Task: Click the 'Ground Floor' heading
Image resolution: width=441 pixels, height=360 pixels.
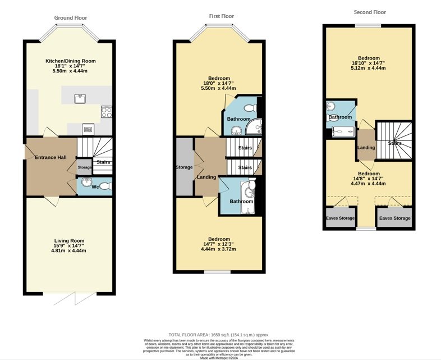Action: coord(71,18)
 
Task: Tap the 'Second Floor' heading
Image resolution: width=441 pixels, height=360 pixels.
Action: coord(370,12)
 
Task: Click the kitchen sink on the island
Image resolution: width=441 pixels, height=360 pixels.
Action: coord(80,99)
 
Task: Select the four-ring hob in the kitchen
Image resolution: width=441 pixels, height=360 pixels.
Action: coord(107,112)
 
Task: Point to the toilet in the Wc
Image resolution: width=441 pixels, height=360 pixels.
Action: coord(105,186)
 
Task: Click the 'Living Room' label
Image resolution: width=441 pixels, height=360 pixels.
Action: coord(69,241)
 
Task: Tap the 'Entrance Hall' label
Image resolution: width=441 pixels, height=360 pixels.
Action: coord(50,157)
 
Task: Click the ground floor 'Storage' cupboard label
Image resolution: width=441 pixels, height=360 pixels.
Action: coord(84,167)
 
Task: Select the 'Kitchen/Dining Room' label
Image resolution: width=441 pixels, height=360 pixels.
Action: coord(71,61)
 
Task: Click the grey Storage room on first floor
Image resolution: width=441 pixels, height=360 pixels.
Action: coord(185,167)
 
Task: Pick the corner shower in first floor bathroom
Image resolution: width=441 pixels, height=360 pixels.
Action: coord(254,126)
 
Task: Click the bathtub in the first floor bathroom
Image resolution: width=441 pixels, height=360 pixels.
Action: coord(247,197)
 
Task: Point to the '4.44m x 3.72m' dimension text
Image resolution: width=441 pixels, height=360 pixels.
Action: coord(218,249)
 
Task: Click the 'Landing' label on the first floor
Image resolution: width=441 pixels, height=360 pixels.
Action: coord(206,177)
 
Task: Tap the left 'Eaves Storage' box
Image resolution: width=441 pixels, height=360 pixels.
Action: coord(341,217)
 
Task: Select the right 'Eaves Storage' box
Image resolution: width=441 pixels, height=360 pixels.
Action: coord(394,217)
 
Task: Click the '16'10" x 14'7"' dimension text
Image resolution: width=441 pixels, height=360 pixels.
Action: coord(369,63)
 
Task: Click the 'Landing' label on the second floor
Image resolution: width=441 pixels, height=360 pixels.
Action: coord(366,148)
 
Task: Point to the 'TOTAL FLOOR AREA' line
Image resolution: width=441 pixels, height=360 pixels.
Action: coord(219,335)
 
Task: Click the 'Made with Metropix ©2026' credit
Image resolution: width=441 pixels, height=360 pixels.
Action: coord(219,358)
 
